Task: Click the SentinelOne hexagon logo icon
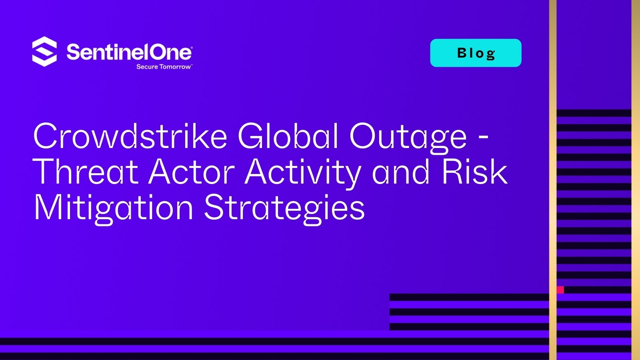coord(44,52)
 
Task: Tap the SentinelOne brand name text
coord(129,52)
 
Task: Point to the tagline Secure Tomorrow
coord(164,67)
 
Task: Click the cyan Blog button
coord(476,53)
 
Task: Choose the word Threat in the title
coord(86,172)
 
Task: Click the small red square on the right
coord(560,290)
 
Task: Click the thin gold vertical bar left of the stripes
coord(553,180)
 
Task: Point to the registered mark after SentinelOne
coord(190,47)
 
